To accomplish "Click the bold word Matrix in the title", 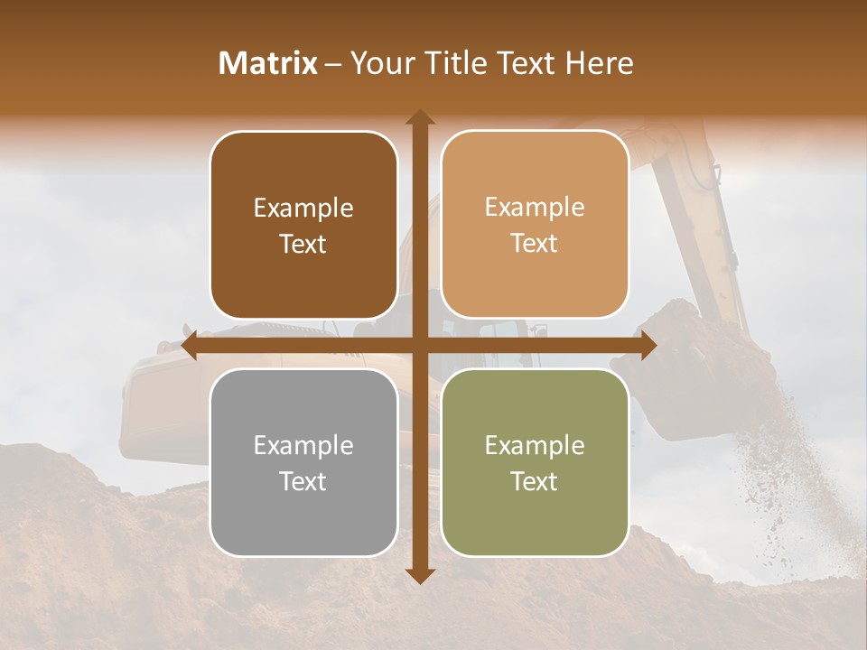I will click(268, 63).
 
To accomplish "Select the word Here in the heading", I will click(599, 63).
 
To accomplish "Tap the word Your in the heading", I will click(378, 63).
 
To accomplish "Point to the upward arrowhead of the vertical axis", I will click(419, 116).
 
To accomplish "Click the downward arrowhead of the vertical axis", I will click(419, 576).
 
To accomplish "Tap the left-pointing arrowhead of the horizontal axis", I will click(190, 346).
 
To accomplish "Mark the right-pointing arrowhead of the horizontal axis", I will click(648, 346).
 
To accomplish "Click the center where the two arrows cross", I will click(419, 346).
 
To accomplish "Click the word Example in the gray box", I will click(303, 445).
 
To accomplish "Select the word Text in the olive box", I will click(535, 481).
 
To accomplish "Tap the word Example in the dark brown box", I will click(303, 208).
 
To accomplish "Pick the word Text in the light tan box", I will click(535, 243).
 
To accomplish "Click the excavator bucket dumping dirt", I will click(686, 379).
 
